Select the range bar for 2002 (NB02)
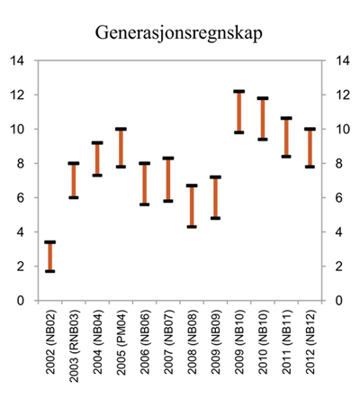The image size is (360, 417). point(50,257)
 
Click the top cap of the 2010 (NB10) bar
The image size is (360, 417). point(263,98)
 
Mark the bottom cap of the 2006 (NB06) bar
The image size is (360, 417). point(144,204)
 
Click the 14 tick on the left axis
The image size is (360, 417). point(19,61)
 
